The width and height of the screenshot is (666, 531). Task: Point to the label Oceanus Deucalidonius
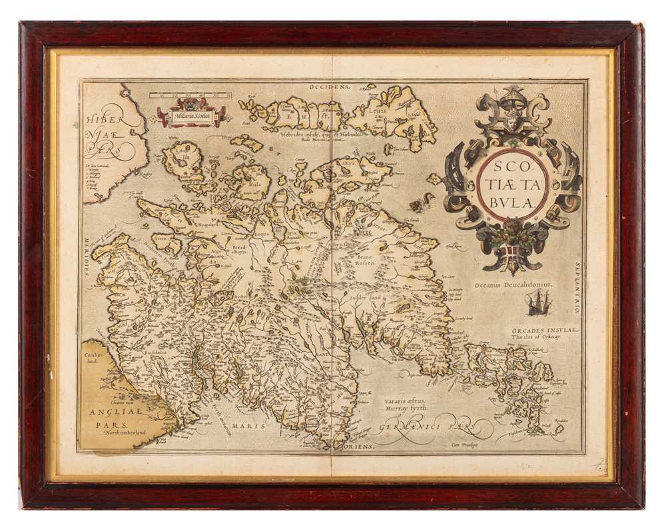(504, 284)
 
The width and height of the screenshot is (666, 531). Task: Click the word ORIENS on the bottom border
(360, 446)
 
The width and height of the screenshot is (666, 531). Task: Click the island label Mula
(254, 178)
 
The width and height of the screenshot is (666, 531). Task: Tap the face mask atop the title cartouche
(511, 123)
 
